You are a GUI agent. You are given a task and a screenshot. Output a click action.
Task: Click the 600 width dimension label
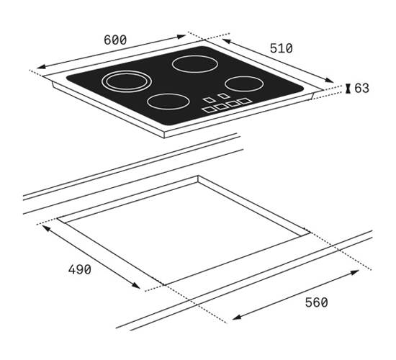coord(115,40)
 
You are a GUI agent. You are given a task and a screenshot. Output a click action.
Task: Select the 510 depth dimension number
coord(282,48)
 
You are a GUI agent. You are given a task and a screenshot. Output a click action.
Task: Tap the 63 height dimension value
coord(362,88)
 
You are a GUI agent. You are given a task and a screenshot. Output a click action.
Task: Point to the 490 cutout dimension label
coord(79,269)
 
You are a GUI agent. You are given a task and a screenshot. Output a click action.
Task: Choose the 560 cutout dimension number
coord(317,302)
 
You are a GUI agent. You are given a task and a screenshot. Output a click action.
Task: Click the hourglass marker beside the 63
coord(348,89)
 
